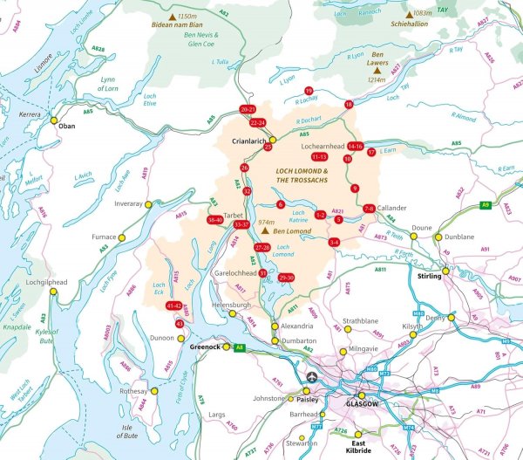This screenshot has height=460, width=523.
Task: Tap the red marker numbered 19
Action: point(309,91)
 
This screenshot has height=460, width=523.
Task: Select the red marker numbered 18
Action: point(349,105)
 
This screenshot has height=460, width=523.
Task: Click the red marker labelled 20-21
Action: point(248,109)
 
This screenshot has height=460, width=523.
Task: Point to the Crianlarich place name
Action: point(248,140)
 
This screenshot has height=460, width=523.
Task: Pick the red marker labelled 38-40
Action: point(214,220)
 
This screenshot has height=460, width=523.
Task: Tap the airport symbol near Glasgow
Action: point(312,376)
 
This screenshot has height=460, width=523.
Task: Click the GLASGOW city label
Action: point(363,405)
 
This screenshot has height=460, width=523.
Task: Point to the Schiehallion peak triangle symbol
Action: point(410,17)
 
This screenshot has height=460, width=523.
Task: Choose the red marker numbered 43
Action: point(180,324)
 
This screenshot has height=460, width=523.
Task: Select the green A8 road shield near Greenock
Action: point(238,347)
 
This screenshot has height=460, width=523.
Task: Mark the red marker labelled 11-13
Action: point(319,156)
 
